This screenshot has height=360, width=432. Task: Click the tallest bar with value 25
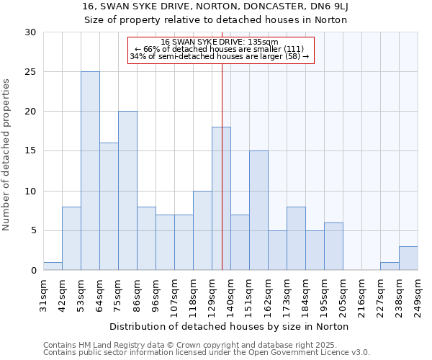(90, 171)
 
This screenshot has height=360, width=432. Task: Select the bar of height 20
(127, 191)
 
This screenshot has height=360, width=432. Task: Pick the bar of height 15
(258, 210)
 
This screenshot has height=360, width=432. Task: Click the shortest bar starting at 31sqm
(53, 266)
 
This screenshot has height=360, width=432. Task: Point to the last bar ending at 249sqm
(408, 258)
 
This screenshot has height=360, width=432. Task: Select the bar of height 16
(109, 207)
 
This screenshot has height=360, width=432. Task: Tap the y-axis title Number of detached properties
(8, 155)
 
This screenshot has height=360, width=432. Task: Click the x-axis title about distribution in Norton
(230, 326)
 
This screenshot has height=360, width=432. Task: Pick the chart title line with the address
(215, 6)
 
